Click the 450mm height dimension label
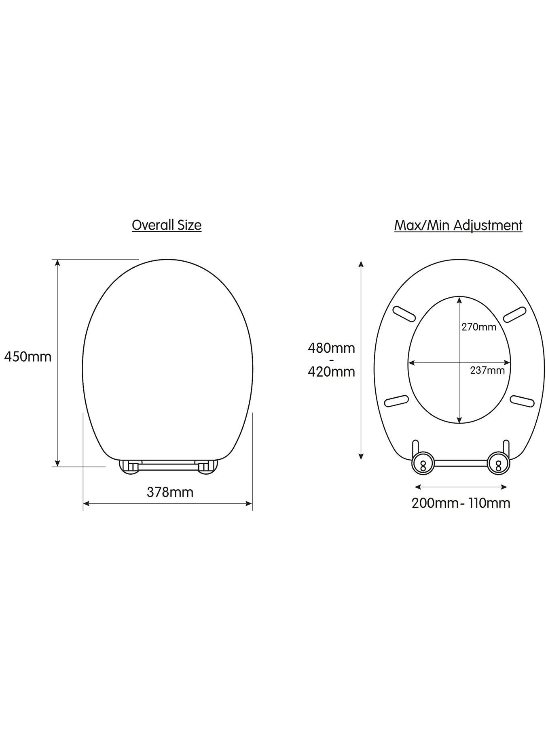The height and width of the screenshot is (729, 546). coord(28,357)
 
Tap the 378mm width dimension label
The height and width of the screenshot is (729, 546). coord(170,492)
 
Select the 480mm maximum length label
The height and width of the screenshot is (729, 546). coord(331,348)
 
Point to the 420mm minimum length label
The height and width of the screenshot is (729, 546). coord(331,371)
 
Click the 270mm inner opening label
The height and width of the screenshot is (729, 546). coord(479,327)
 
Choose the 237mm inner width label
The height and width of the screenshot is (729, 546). coord(487,370)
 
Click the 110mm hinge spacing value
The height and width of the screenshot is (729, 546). coord(489,503)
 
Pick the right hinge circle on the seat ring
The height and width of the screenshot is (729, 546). coord(497,463)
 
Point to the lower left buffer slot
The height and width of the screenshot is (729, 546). coord(396,401)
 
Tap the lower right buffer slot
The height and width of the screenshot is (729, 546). coord(522,401)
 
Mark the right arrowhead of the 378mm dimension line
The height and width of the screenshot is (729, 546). coord(249,504)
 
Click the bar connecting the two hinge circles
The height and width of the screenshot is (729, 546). coord(460,463)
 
